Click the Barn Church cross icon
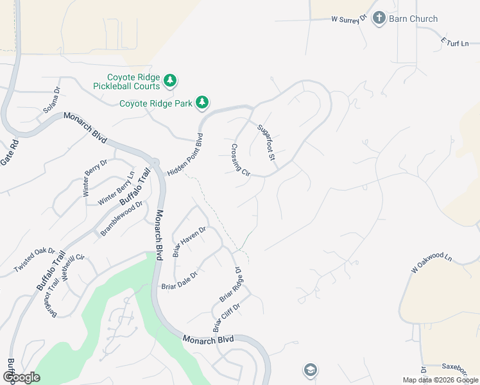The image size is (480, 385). coord(379,18)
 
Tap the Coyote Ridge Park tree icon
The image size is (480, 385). coord(202,102)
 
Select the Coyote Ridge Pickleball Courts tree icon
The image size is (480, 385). coord(169,81)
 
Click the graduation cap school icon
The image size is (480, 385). coord(310,370)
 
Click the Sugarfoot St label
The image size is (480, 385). coord(266,141)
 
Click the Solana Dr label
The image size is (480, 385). coord(51,101)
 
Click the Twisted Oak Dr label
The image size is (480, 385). coord(35,259)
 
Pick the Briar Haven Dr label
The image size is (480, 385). coord(189,241)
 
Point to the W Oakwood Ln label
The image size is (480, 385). coord(432,266)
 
